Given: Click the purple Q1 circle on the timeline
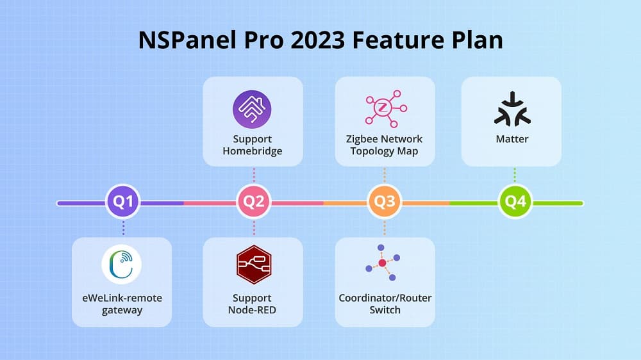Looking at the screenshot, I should (x=123, y=202).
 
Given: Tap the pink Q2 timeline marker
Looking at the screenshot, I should (x=254, y=202).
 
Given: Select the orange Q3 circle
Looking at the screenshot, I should (x=385, y=202).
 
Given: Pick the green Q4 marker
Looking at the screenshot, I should (x=515, y=202).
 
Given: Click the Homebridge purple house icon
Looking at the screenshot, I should (x=252, y=110).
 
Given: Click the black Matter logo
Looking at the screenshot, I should (x=512, y=109).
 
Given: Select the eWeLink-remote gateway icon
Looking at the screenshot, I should (x=122, y=264).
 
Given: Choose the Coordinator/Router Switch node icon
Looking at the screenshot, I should (x=383, y=263).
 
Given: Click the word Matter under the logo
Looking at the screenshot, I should (x=512, y=139).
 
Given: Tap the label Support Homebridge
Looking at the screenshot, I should (x=252, y=145).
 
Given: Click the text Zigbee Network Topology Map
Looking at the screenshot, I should (x=385, y=145).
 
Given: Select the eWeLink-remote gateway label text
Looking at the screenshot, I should (x=122, y=304).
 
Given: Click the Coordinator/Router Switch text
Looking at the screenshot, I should (x=385, y=304).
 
